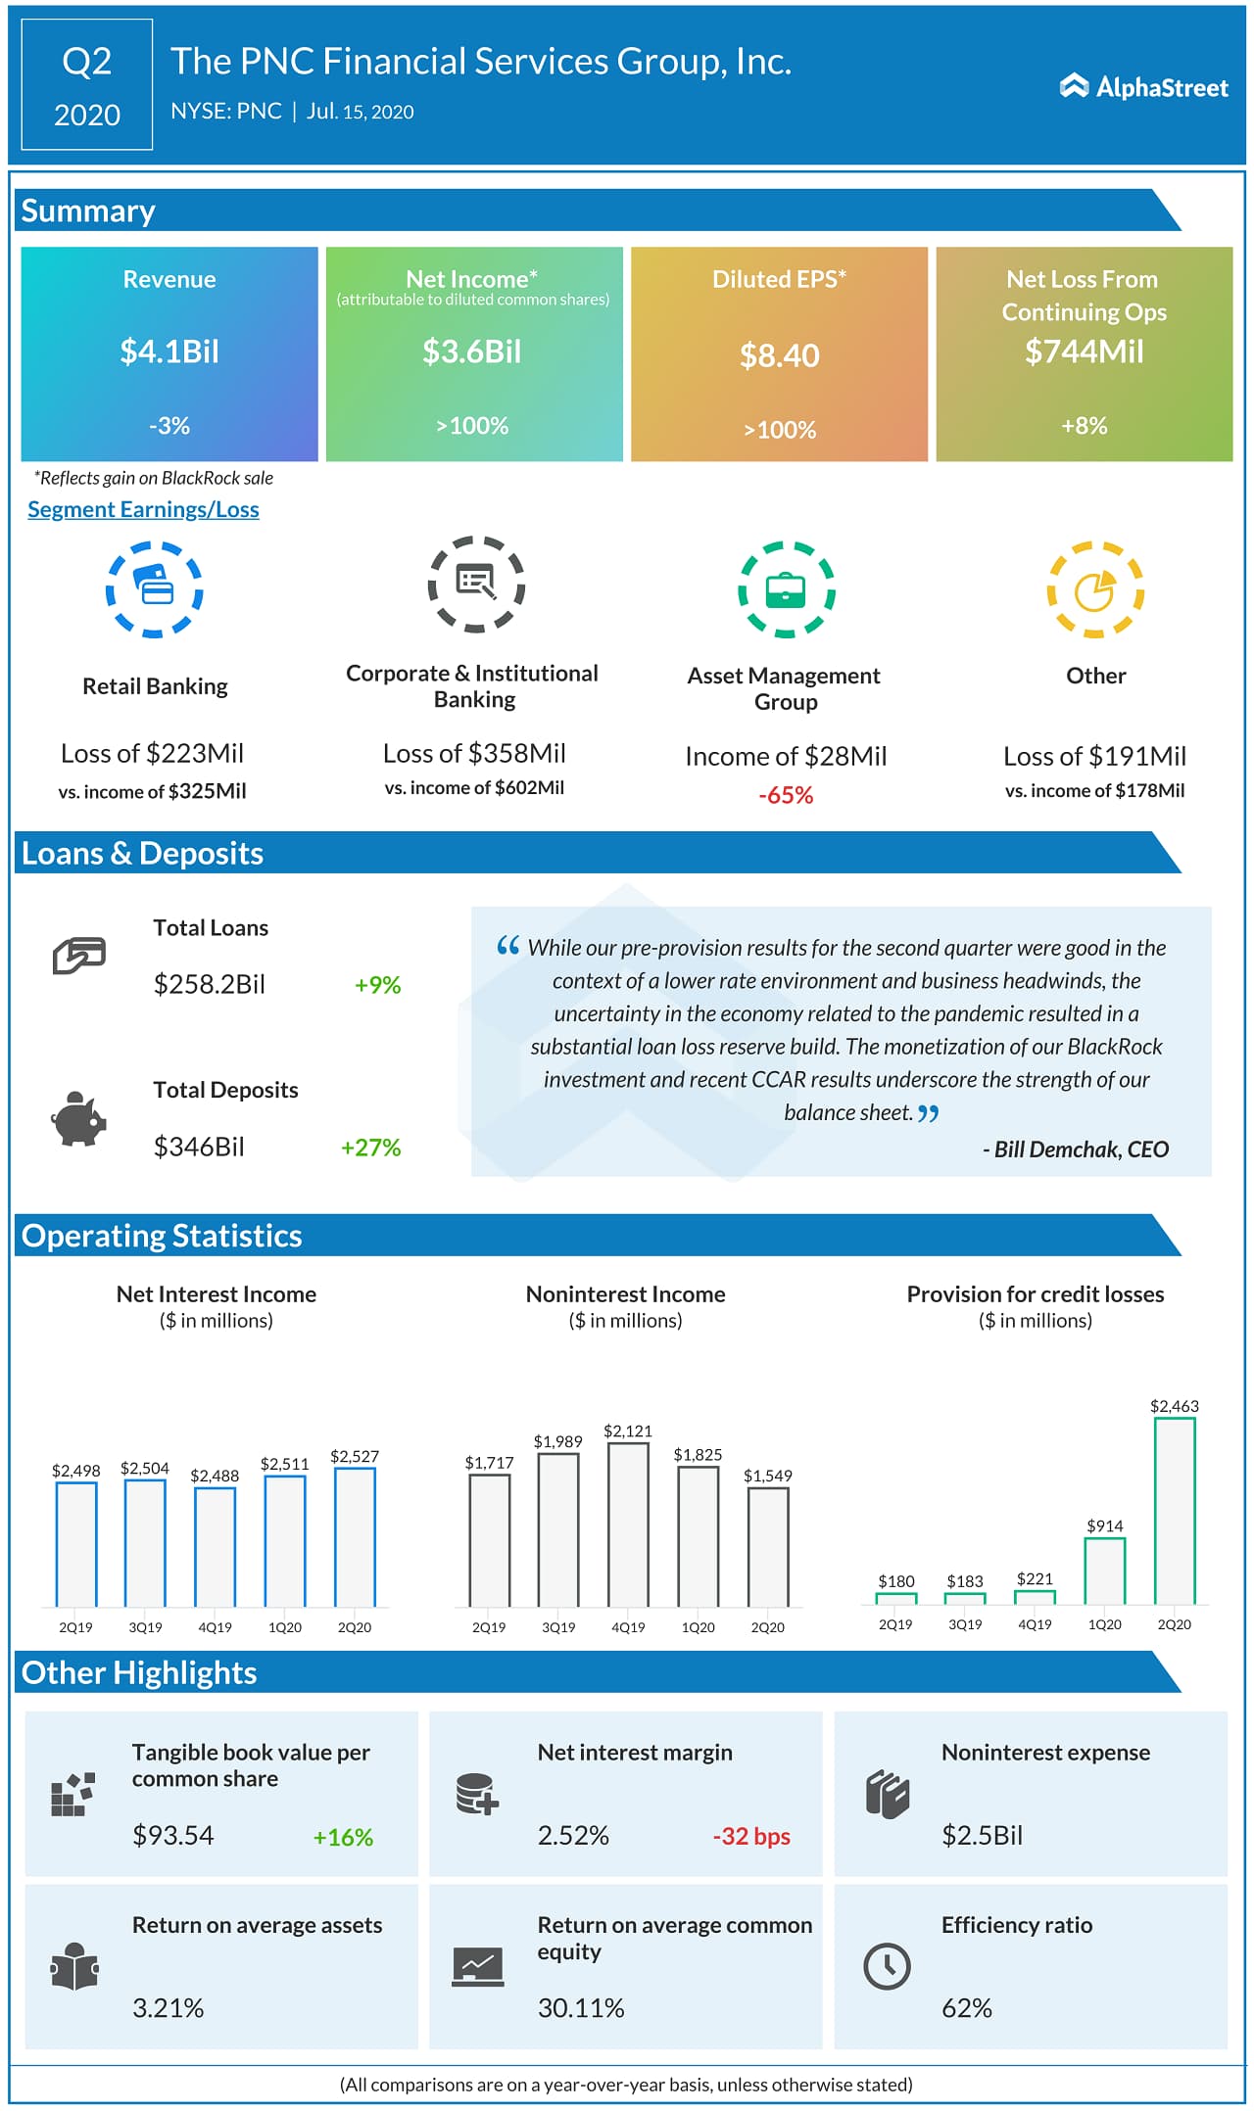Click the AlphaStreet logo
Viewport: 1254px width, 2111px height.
(1143, 87)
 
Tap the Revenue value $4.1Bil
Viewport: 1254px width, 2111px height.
(169, 352)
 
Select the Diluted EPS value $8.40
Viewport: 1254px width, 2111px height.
(779, 355)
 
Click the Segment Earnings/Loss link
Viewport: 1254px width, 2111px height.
(143, 509)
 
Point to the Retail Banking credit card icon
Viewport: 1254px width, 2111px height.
(154, 588)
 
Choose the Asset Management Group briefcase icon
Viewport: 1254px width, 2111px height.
(786, 589)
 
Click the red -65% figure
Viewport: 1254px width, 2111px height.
(786, 795)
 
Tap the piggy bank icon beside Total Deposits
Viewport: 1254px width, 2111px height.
(78, 1119)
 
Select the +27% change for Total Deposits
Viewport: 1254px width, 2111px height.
(370, 1148)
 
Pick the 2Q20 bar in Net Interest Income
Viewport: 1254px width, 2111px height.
(355, 1536)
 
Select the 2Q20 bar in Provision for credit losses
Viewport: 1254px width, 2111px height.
(1175, 1510)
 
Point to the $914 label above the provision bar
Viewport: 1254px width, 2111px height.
(1105, 1525)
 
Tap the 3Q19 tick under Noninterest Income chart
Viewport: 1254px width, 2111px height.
(558, 1627)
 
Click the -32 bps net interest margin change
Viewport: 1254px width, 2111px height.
(751, 1837)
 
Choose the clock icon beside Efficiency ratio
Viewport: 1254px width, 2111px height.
(887, 1966)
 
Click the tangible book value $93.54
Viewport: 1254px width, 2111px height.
(173, 1835)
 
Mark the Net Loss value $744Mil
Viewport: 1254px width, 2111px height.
(1084, 352)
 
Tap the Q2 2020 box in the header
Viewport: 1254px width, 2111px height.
(87, 86)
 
